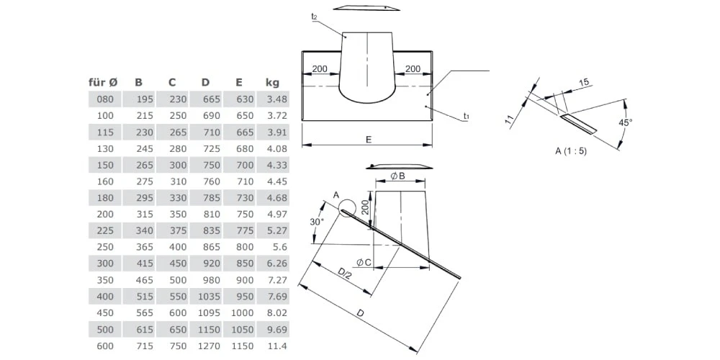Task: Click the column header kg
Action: (x=272, y=83)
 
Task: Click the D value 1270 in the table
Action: (x=207, y=346)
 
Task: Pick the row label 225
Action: (x=106, y=230)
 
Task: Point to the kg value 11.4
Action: (x=276, y=346)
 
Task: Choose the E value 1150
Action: (x=243, y=346)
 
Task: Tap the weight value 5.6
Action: (x=279, y=247)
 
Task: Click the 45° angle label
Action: (x=626, y=123)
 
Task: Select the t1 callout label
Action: (x=467, y=115)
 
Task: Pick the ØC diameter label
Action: (x=364, y=262)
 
